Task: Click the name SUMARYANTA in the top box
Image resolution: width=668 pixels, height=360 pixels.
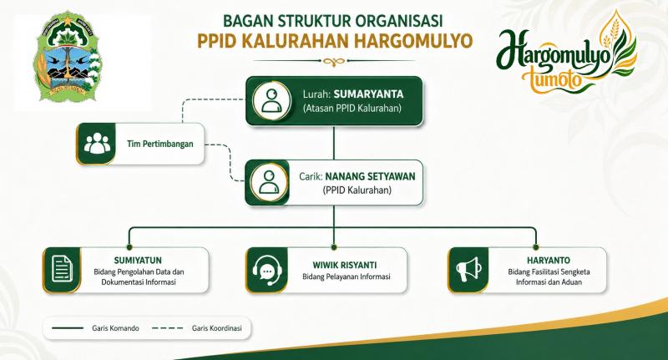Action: coord(368,94)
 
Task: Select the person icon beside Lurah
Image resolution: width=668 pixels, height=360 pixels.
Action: coord(271,101)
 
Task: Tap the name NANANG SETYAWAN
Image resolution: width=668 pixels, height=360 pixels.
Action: coord(370,176)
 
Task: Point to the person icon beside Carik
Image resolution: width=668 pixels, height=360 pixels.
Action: coord(269,182)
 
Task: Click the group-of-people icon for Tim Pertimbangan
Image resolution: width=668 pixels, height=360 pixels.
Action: coord(97,143)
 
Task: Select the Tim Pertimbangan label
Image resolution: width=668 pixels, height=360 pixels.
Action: coord(159,144)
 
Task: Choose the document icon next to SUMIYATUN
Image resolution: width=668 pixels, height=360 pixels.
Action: coord(62,269)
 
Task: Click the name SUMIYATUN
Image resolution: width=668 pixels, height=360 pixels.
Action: coord(138,261)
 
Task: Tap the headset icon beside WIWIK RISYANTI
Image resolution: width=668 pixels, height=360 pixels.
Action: coord(266,271)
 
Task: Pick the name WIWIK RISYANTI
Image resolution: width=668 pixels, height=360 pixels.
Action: coord(345,265)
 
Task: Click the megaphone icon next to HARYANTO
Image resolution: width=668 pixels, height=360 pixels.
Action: coord(469,270)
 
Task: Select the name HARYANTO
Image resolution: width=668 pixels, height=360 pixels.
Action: coord(549,261)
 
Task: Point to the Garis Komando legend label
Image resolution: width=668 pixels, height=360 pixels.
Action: coord(115,328)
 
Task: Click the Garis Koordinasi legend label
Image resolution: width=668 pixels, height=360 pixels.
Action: coord(217,328)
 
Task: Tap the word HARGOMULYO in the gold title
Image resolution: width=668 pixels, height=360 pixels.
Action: coord(413,41)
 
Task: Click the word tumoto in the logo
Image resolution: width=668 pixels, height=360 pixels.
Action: coord(552,79)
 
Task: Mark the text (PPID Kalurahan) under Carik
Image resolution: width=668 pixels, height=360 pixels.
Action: coord(357,190)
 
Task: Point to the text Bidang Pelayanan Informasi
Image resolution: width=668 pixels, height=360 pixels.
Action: coord(347,276)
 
